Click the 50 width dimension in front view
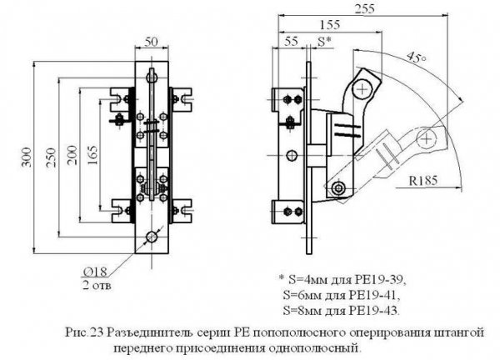point(151,42)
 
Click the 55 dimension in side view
point(291,40)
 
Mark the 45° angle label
point(414,58)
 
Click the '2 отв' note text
point(97,285)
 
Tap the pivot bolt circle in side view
point(337,188)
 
